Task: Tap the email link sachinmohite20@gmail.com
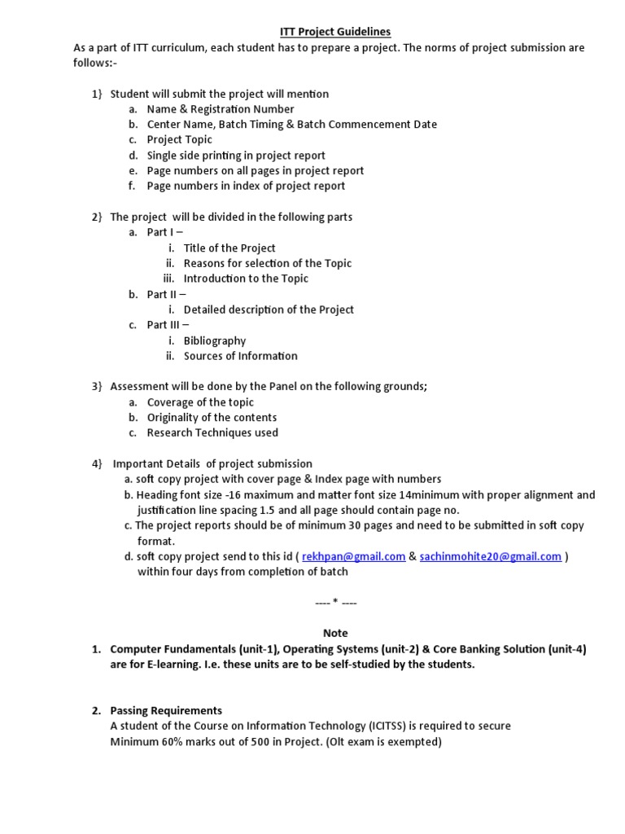point(490,556)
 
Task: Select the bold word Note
point(335,633)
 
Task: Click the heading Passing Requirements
point(166,710)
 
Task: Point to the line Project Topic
point(179,139)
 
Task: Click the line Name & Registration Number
point(221,109)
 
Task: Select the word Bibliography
point(215,340)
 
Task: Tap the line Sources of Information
point(241,356)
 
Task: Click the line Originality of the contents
point(212,417)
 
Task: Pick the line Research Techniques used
point(212,432)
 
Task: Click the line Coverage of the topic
point(200,402)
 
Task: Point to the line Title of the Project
point(229,248)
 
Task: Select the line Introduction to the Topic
point(246,279)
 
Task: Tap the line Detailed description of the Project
point(269,309)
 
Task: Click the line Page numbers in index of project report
point(246,186)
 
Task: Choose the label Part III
point(163,325)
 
